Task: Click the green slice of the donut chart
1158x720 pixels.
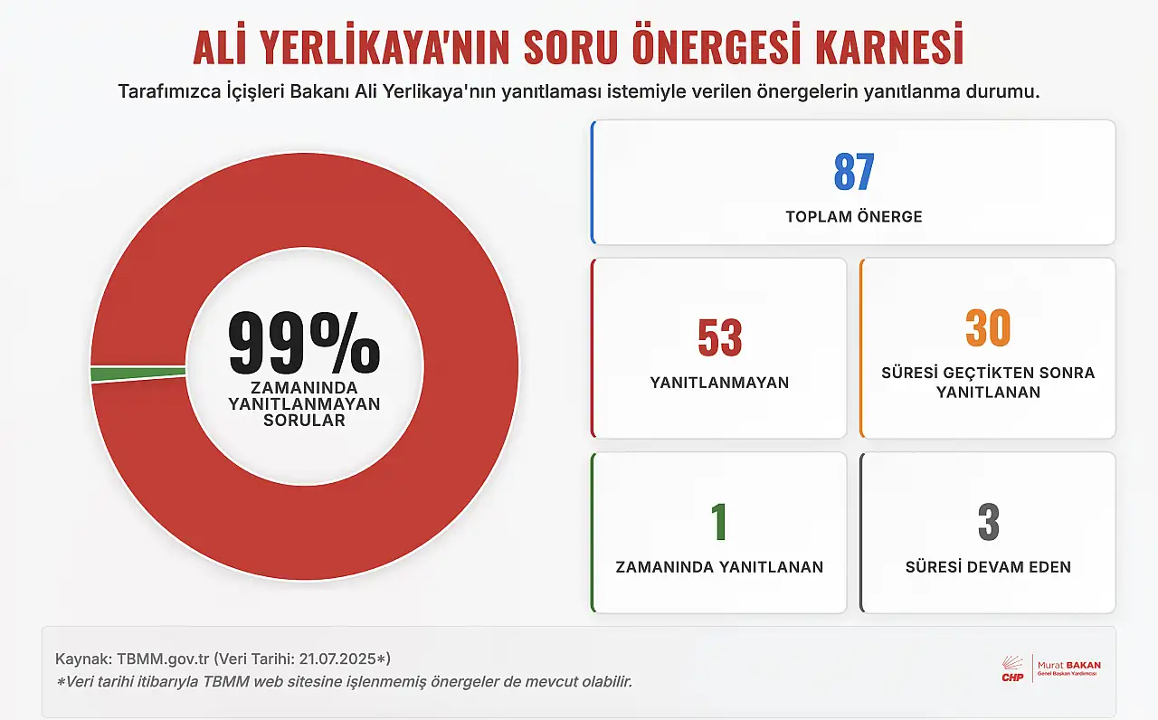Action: pos(138,374)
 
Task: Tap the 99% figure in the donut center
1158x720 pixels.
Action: pos(304,343)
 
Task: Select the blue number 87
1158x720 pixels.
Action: pos(854,172)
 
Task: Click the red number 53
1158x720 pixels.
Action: pos(719,337)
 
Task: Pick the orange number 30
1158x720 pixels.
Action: pos(988,327)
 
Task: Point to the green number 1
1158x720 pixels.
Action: pos(719,522)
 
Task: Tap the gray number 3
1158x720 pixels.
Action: pos(989,522)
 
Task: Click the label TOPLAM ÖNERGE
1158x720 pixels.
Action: pos(854,216)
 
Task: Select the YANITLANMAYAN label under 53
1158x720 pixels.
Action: pos(719,383)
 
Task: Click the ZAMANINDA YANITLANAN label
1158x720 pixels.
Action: pos(719,567)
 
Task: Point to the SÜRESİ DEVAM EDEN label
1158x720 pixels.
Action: pos(989,567)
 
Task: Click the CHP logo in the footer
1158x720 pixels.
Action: pos(1012,668)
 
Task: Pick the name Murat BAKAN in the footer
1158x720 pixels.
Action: pos(1069,665)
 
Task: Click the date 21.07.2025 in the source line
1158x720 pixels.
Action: pos(337,659)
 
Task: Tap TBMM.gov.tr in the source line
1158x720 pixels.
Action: pos(163,659)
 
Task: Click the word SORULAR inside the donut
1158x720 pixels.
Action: pos(304,421)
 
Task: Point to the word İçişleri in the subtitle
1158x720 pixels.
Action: pos(255,91)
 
